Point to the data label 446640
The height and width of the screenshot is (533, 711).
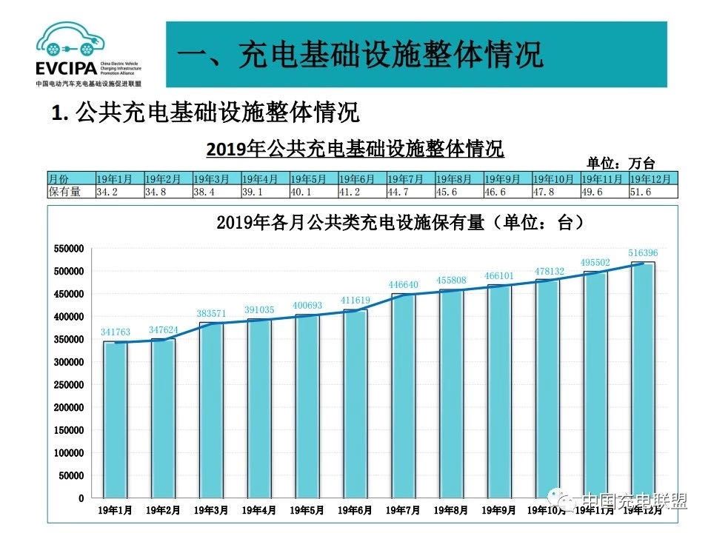click(404, 284)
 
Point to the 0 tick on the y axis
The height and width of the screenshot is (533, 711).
click(81, 498)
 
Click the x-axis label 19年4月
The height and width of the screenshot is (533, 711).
click(259, 510)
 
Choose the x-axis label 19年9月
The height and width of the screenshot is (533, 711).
click(499, 510)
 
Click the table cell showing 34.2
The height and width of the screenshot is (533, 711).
click(107, 191)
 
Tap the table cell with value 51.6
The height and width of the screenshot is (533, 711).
click(641, 191)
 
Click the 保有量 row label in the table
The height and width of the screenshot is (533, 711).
click(64, 191)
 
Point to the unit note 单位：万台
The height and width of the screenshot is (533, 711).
click(621, 164)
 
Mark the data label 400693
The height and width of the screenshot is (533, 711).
click(308, 305)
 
